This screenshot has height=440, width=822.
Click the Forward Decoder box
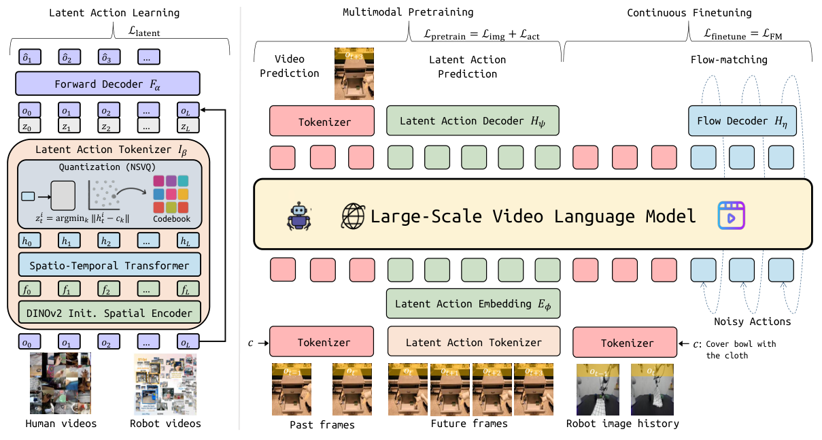[107, 84]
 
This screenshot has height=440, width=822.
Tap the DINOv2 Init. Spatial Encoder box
[109, 313]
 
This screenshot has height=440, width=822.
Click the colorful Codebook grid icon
[171, 193]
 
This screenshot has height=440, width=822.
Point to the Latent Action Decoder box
[473, 121]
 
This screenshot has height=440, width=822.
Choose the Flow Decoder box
[742, 121]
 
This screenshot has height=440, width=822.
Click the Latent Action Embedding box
[473, 304]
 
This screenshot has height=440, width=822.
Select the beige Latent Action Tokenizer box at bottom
[474, 342]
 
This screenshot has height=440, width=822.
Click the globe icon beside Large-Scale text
[353, 216]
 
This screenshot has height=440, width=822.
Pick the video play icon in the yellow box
[732, 216]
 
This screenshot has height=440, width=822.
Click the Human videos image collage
[60, 384]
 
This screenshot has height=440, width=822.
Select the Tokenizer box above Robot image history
[626, 342]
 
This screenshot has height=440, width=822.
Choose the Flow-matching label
[728, 60]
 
